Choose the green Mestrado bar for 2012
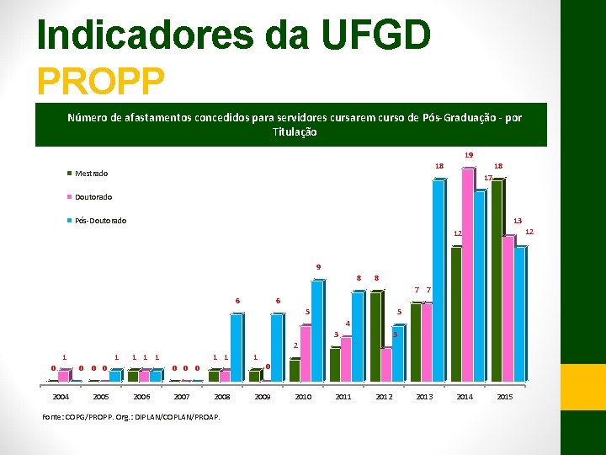[x=375, y=336]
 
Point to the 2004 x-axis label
[x=61, y=396]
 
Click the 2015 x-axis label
[x=504, y=396]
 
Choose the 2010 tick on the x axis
[x=303, y=396]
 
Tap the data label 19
[x=469, y=155]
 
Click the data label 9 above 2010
[x=318, y=267]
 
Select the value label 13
[x=518, y=220]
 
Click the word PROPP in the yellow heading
[x=100, y=81]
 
